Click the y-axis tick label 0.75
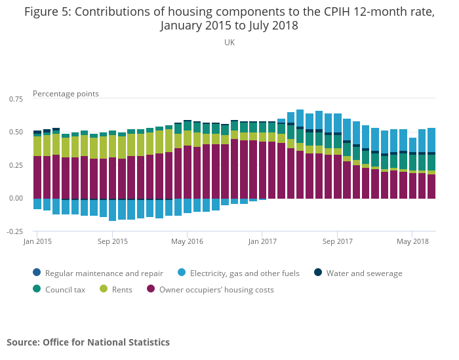pos(15,99)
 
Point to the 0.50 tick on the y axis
pos(15,132)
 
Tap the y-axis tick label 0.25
pos(15,165)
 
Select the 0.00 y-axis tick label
pos(15,199)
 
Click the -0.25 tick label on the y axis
pos(14,231)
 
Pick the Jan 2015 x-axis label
pos(37,241)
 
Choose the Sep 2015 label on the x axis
pos(112,241)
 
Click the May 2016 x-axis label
pos(187,241)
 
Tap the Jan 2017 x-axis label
pos(262,241)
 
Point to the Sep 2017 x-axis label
pos(337,241)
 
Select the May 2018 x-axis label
pos(412,241)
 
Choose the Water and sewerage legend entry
pos(364,273)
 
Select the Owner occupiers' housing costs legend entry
pos(216,289)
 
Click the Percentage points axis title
pos(66,94)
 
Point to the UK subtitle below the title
pos(229,43)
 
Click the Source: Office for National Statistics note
pos(88,342)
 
